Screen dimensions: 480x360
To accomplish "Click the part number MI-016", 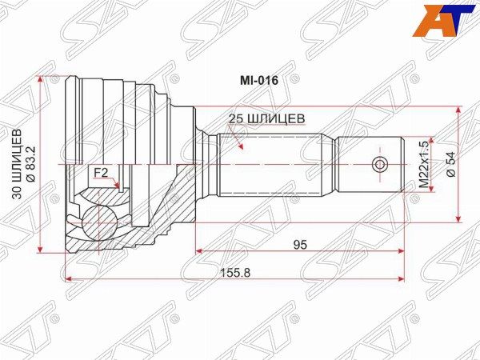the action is [258, 81].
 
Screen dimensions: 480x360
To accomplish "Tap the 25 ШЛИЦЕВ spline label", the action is [267, 118].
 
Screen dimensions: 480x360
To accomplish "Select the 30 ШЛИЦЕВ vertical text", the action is [17, 164].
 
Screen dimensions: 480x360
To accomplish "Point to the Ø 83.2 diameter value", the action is [31, 164].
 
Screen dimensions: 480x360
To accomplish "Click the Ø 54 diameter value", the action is [451, 164].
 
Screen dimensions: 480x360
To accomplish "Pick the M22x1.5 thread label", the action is [423, 164].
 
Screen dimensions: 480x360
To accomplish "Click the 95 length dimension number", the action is [300, 245].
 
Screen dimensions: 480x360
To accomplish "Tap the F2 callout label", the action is [101, 174].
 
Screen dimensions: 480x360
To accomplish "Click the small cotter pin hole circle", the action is [379, 165].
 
